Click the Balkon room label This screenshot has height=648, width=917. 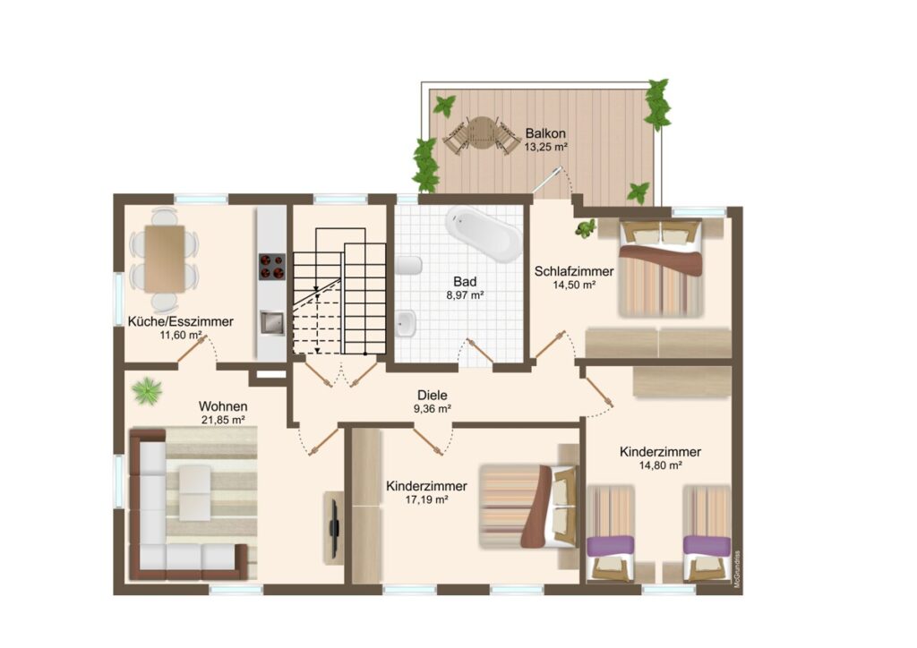[545, 132]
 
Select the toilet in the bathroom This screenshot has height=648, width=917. [408, 265]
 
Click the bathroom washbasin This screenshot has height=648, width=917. [406, 324]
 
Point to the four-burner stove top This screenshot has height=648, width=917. [272, 267]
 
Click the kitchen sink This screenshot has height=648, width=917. [272, 322]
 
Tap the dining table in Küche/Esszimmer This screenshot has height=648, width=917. [165, 259]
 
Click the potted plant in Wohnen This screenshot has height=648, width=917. [146, 390]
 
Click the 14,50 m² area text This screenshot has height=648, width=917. [574, 286]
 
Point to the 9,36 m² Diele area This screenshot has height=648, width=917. [433, 409]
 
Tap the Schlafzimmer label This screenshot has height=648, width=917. [574, 272]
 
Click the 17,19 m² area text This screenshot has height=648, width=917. [426, 499]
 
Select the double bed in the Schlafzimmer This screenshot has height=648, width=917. [661, 269]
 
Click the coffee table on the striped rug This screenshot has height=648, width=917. [194, 492]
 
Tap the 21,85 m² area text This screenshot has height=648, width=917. [222, 420]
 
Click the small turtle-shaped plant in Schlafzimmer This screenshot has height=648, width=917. [585, 227]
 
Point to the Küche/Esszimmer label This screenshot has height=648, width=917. [180, 321]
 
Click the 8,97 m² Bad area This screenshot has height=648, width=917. [465, 295]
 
